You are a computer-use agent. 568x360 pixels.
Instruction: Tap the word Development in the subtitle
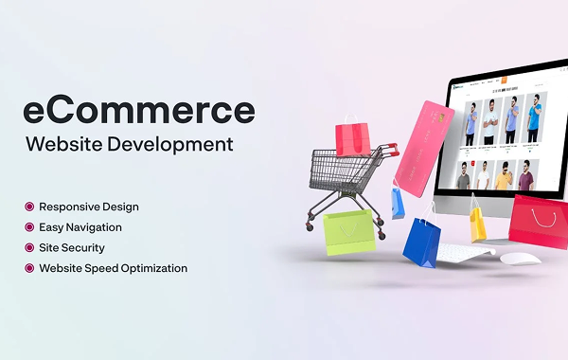(x=179, y=146)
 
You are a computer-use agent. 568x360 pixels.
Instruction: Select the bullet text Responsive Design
(x=88, y=207)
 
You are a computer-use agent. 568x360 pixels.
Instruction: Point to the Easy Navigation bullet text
(x=80, y=227)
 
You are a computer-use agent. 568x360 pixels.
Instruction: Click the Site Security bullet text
(x=72, y=247)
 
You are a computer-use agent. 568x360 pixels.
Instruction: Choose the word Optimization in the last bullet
(x=151, y=268)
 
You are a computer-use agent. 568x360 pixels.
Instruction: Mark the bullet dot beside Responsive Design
(x=29, y=207)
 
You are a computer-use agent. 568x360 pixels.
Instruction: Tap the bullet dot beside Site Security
(x=29, y=247)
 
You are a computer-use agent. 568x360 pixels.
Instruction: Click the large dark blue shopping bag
(x=421, y=242)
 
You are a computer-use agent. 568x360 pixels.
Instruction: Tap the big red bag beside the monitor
(x=539, y=221)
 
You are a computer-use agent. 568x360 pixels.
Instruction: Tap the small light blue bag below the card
(x=399, y=202)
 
